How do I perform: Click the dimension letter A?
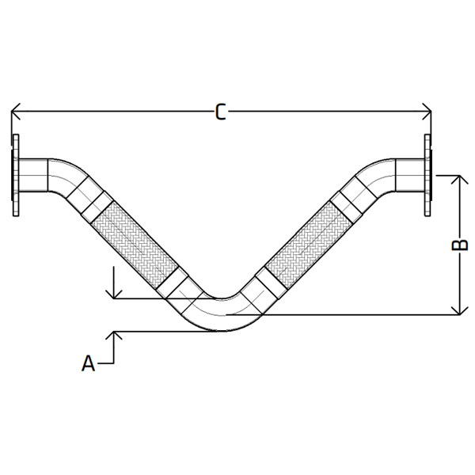pos(89,363)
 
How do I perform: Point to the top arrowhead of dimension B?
pos(458,180)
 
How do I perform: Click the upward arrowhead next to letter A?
pos(115,336)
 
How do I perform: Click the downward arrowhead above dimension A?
pos(115,293)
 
